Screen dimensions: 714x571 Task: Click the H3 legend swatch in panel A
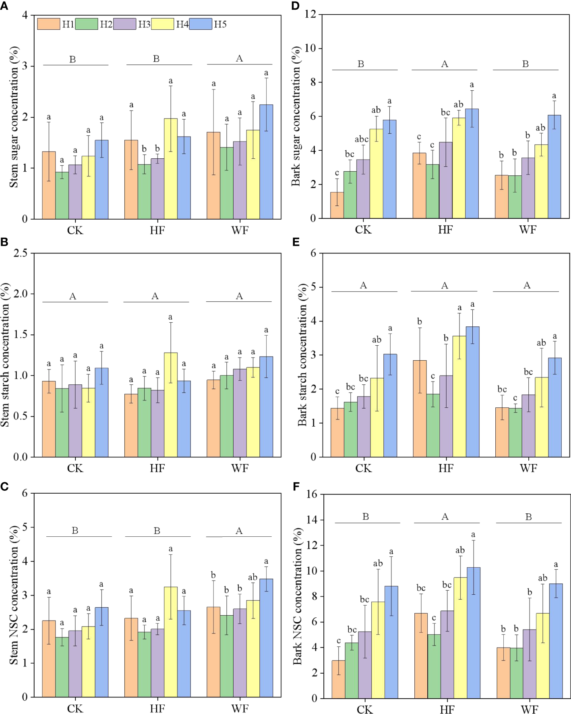[x=124, y=24]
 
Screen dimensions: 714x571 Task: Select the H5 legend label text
[x=220, y=24]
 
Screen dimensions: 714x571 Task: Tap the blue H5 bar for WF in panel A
[x=266, y=162]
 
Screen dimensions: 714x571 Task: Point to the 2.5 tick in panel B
[x=21, y=253]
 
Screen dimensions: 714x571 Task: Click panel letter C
[x=4, y=487]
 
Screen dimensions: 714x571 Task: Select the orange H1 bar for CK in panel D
[x=337, y=205]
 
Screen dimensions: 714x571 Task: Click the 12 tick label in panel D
[x=310, y=15]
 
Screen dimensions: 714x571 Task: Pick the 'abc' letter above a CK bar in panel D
[x=362, y=139]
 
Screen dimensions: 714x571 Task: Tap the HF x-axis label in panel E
[x=446, y=468]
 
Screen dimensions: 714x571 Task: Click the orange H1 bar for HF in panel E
[x=420, y=409]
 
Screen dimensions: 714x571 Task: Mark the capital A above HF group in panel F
[x=445, y=517]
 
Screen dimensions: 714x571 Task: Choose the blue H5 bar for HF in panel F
[x=474, y=633]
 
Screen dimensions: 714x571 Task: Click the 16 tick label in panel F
[x=312, y=494]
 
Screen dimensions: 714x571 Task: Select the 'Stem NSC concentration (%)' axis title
[x=14, y=595]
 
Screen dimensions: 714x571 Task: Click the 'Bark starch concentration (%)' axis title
[x=302, y=355]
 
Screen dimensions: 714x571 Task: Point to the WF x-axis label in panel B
[x=240, y=468]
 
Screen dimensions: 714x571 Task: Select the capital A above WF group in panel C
[x=239, y=531]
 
